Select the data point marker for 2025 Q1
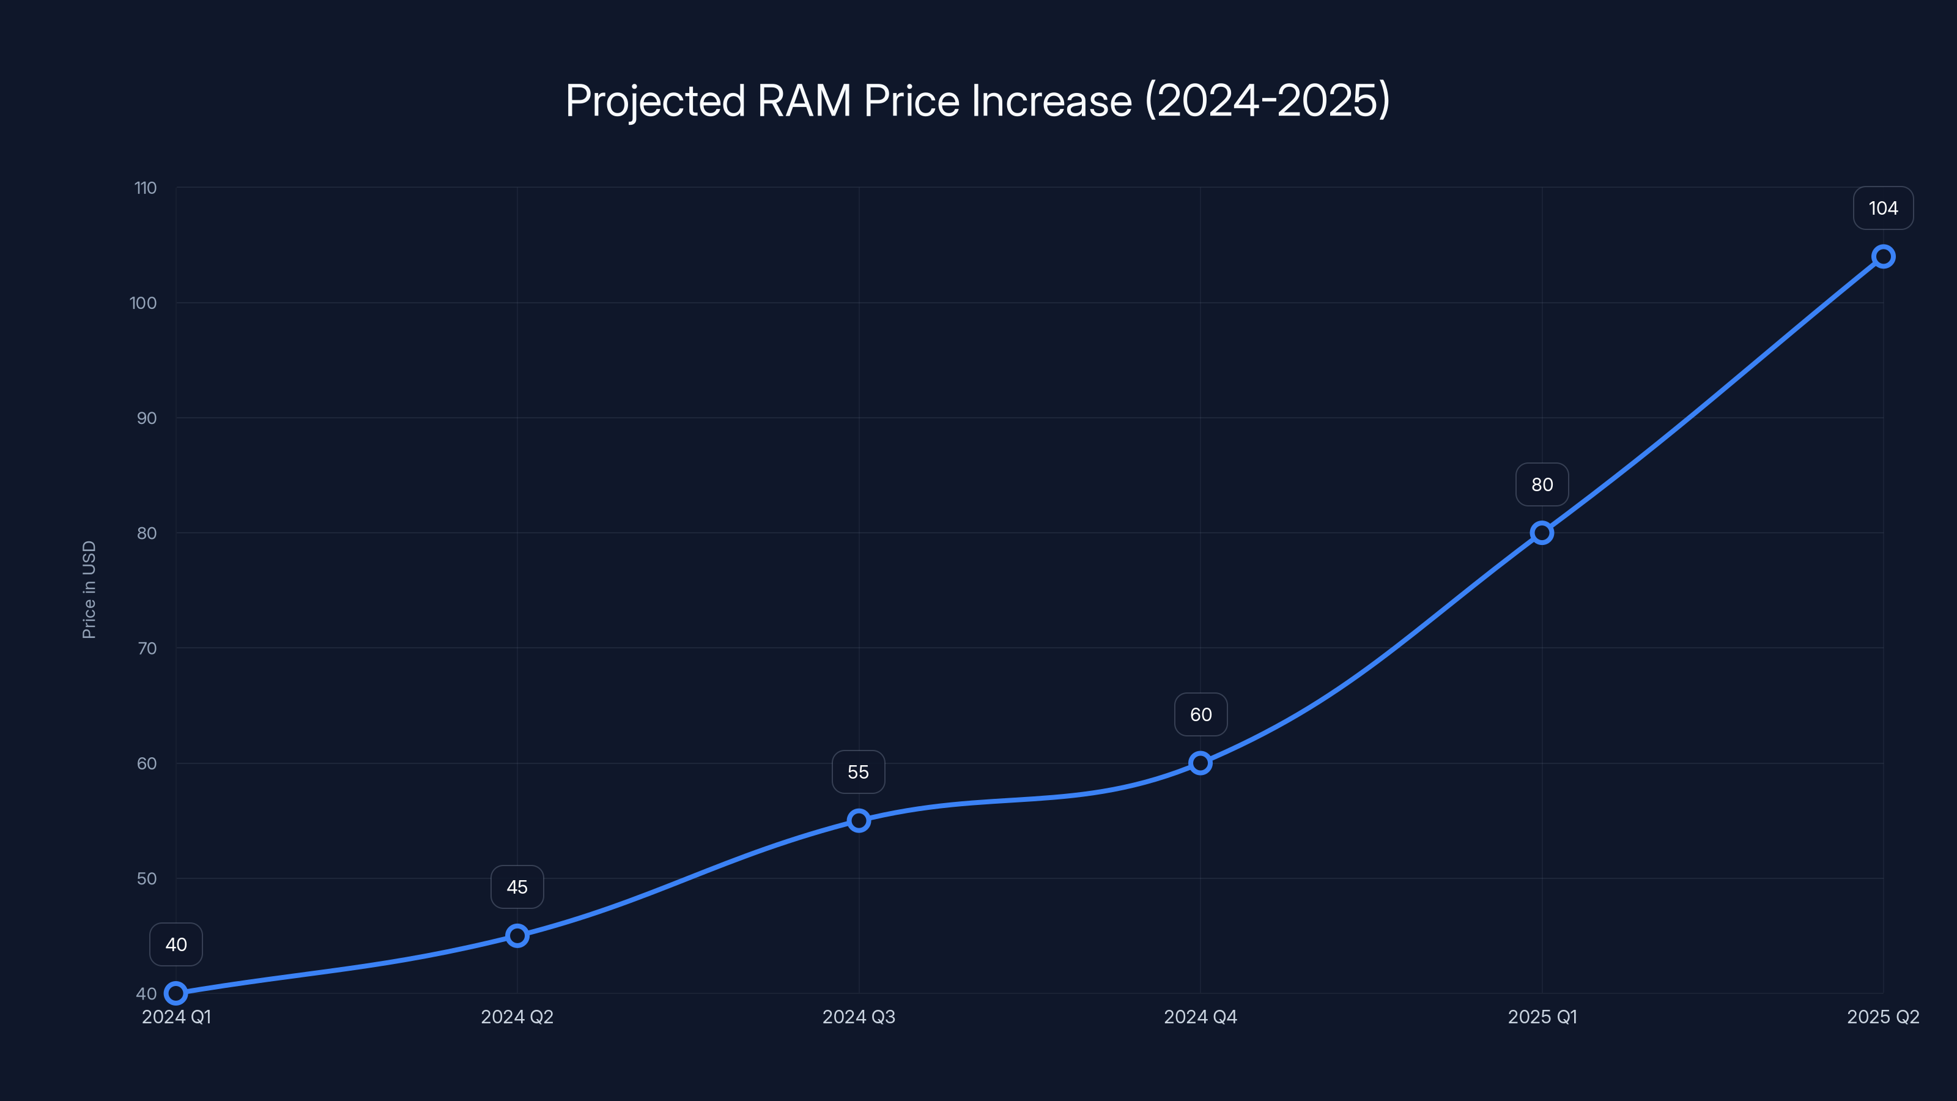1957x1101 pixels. coord(1541,533)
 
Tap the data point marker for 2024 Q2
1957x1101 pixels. coord(517,935)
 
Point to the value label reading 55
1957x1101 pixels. coord(859,772)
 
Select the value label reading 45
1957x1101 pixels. coord(517,887)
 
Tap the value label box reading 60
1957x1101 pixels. coord(1200,714)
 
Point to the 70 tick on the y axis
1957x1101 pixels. coord(147,648)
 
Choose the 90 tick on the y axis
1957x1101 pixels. coord(147,418)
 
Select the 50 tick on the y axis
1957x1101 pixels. coord(147,878)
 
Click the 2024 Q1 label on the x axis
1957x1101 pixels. coord(176,1017)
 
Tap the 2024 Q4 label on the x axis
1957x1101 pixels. coord(1200,1017)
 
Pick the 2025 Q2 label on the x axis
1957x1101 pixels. coord(1882,1017)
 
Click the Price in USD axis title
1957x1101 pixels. coord(89,590)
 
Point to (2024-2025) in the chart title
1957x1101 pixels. coord(1267,101)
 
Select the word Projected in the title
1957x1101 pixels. coord(655,101)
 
